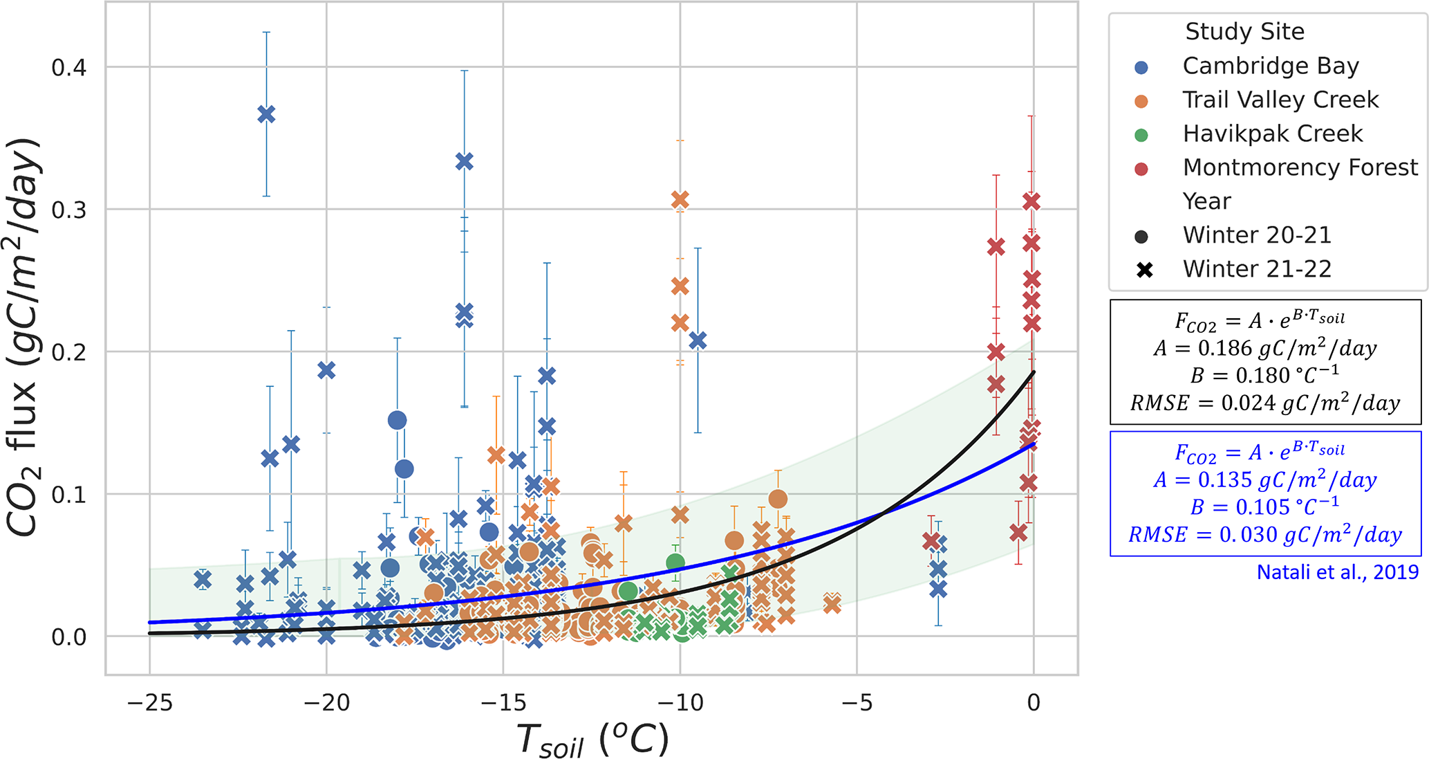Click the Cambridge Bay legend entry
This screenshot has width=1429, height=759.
(1270, 66)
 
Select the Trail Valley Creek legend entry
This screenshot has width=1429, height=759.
(1280, 100)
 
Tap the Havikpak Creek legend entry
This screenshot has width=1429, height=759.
(1272, 134)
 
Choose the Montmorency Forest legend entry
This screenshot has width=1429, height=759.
(1299, 168)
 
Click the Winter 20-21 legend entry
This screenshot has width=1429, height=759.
(1256, 236)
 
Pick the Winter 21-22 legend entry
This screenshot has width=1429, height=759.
(1256, 270)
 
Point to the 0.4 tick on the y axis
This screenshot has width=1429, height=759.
(69, 68)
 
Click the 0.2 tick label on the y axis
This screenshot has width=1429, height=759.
(69, 352)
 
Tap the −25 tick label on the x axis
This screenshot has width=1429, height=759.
(150, 703)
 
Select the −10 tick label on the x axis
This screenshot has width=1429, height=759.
(680, 703)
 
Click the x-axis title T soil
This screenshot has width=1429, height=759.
(592, 740)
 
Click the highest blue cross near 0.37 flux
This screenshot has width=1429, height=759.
(267, 114)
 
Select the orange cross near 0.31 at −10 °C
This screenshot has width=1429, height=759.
(680, 200)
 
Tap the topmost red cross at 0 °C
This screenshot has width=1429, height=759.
(1031, 201)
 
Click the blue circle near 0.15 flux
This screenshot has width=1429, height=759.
(397, 420)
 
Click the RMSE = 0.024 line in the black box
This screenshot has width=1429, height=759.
(1264, 403)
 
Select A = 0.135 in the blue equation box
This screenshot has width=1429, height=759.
(1264, 479)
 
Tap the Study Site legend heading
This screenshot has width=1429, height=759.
(1244, 32)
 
